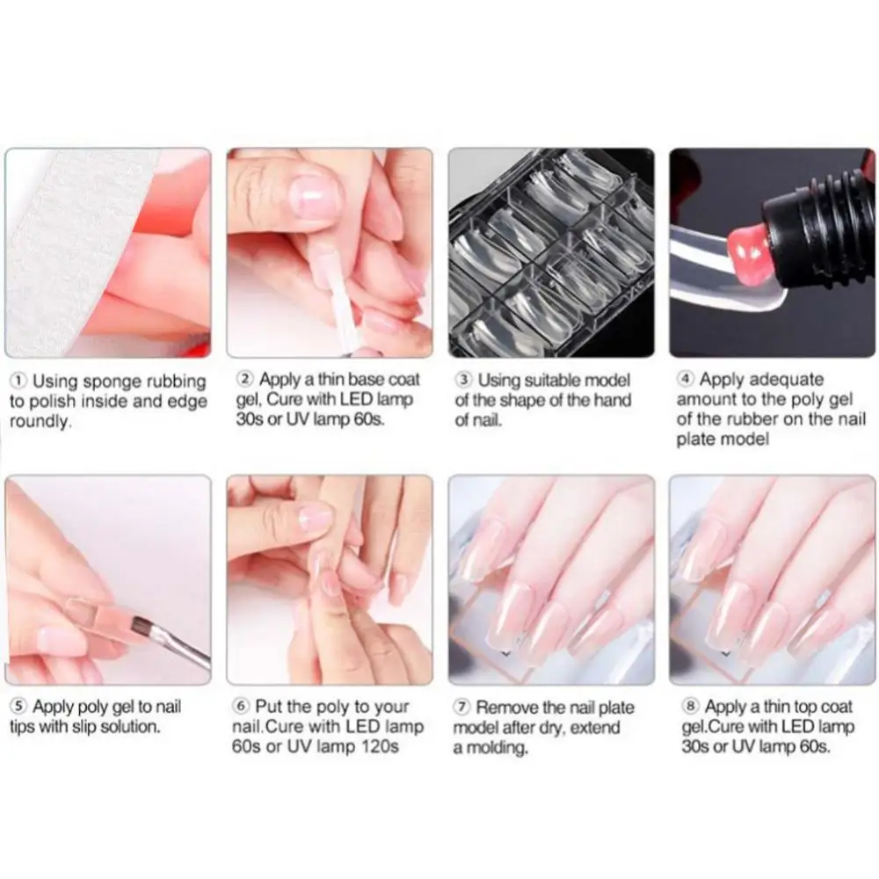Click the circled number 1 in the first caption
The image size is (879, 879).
pos(18,381)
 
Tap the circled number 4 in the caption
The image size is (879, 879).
pos(686,380)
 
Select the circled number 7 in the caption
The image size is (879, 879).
pos(463,707)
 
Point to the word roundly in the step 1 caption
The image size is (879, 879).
pos(40,421)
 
